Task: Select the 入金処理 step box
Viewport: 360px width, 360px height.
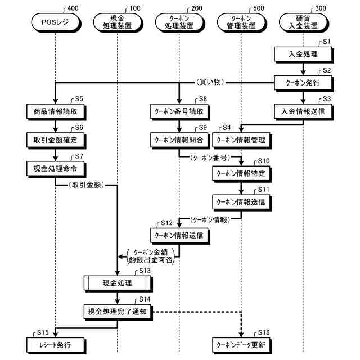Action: click(x=303, y=55)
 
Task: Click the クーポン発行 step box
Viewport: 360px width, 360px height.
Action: click(x=303, y=82)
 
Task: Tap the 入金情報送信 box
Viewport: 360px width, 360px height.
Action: click(x=303, y=111)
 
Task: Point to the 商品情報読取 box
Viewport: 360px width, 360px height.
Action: click(x=55, y=111)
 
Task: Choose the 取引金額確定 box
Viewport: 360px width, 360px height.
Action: click(x=55, y=138)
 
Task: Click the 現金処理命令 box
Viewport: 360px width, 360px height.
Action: click(x=55, y=167)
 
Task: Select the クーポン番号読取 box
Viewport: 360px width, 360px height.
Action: click(x=179, y=111)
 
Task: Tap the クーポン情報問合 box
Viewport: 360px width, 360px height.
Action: click(x=179, y=138)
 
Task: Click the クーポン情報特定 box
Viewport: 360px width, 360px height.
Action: click(x=241, y=172)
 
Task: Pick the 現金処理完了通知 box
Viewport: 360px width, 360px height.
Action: click(x=118, y=311)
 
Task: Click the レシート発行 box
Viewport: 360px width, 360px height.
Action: click(x=55, y=343)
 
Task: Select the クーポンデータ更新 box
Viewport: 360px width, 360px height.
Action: click(x=241, y=343)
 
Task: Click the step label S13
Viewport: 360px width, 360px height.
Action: click(x=145, y=271)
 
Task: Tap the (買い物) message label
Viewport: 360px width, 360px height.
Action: click(x=212, y=82)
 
